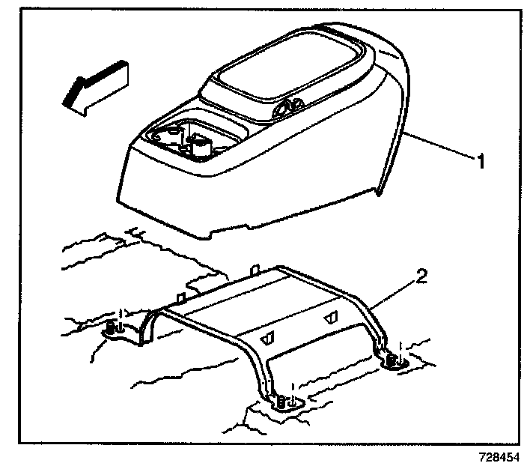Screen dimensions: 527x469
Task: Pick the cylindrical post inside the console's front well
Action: (201, 145)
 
